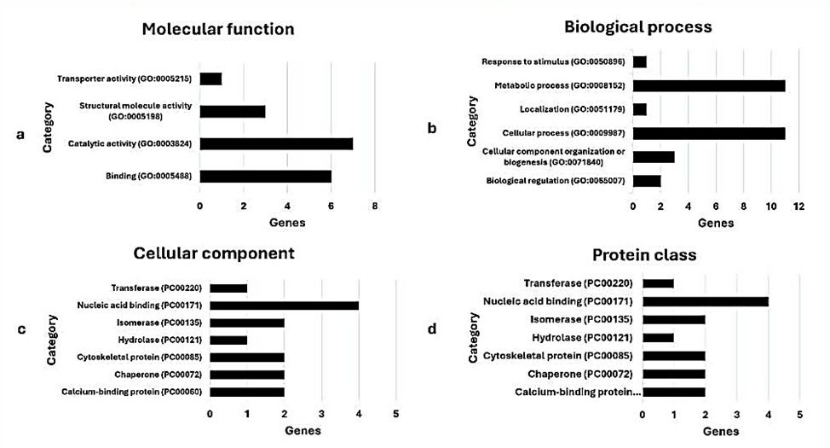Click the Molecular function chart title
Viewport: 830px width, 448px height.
217,29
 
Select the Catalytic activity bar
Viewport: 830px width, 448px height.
276,143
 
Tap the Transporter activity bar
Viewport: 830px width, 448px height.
210,79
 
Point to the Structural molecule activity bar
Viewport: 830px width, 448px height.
232,111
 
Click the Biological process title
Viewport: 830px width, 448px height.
637,26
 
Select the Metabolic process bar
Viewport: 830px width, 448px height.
708,85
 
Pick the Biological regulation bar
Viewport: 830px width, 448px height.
646,180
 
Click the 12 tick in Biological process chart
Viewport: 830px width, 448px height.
798,207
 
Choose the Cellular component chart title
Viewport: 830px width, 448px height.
214,253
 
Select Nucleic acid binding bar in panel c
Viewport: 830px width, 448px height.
284,305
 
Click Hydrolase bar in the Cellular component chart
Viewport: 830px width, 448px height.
228,340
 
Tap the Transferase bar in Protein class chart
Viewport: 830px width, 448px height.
658,283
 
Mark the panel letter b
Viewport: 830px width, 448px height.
432,129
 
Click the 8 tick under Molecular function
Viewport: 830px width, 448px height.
374,207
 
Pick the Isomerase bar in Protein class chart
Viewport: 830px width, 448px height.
674,319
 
